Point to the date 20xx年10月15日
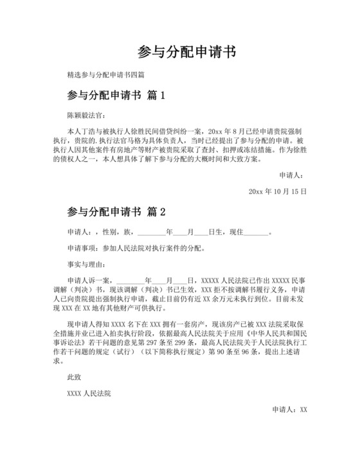pyautogui.click(x=277, y=192)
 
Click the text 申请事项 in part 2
pyautogui.click(x=81, y=247)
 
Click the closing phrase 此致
pyautogui.click(x=75, y=377)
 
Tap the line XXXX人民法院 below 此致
pyautogui.click(x=89, y=393)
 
